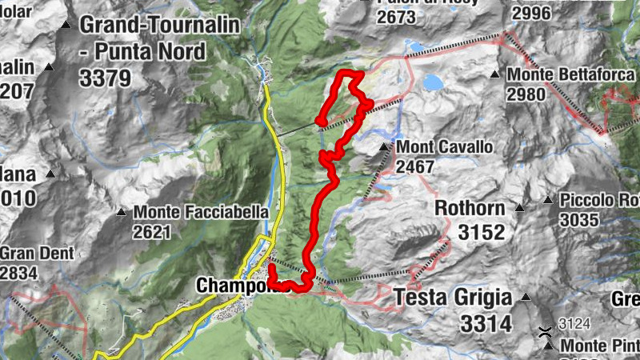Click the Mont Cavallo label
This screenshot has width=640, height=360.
pyautogui.click(x=445, y=148)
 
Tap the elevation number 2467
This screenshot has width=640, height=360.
pyautogui.click(x=414, y=167)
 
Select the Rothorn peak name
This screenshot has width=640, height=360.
pyautogui.click(x=470, y=209)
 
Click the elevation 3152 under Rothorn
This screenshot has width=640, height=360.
pyautogui.click(x=482, y=232)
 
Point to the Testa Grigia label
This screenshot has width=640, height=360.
pyautogui.click(x=453, y=298)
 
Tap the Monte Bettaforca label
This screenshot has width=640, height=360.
pyautogui.click(x=553, y=75)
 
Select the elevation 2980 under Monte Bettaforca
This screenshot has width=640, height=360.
pyautogui.click(x=525, y=94)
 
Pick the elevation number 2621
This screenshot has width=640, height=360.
pyautogui.click(x=153, y=232)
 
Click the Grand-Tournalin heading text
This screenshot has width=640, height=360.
pyautogui.click(x=159, y=24)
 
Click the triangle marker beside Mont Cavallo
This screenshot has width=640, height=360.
pyautogui.click(x=385, y=147)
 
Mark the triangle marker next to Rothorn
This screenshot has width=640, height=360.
pyautogui.click(x=519, y=209)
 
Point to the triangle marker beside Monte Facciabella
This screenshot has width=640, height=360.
pyautogui.click(x=122, y=213)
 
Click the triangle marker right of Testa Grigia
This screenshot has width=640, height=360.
pyautogui.click(x=526, y=298)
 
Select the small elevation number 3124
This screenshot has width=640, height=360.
pyautogui.click(x=574, y=324)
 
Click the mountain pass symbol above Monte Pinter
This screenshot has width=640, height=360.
pyautogui.click(x=544, y=330)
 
